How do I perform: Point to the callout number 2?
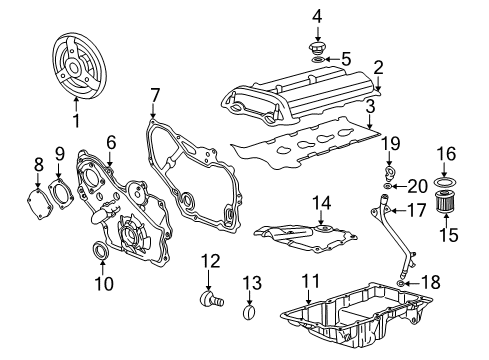[378, 67]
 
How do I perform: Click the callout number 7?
[155, 95]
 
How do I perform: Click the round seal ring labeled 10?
[102, 249]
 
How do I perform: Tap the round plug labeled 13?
[252, 317]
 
